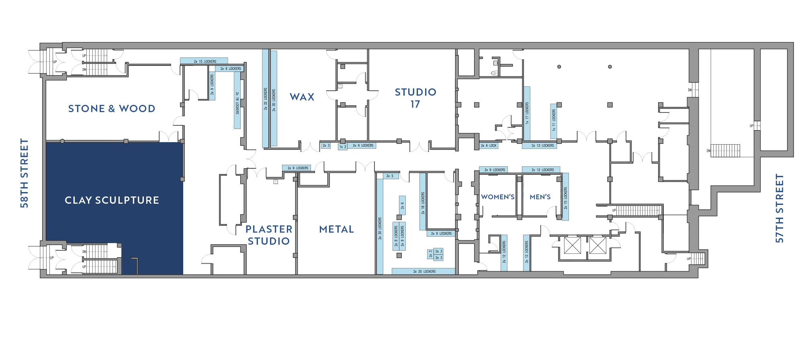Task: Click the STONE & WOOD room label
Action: tap(112, 108)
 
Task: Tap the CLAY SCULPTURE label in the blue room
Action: tap(112, 200)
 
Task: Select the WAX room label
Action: tap(302, 97)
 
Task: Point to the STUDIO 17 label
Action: tap(415, 98)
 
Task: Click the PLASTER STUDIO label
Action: tap(269, 235)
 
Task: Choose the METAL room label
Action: tap(337, 229)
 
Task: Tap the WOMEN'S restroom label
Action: tap(498, 197)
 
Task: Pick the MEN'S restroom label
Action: tap(540, 197)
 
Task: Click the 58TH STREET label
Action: tap(25, 173)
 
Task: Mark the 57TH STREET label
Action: tap(779, 208)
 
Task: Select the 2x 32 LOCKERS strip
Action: tap(266, 98)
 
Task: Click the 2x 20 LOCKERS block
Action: tap(424, 272)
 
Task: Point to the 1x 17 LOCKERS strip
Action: tap(527, 113)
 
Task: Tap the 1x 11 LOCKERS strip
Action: tap(554, 121)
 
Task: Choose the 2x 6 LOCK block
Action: tap(489, 145)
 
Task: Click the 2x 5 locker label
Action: tap(390, 176)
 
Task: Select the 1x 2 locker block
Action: tap(342, 147)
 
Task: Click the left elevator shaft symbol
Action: tap(572, 245)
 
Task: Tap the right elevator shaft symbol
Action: tap(597, 245)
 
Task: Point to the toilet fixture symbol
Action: tap(495, 73)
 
